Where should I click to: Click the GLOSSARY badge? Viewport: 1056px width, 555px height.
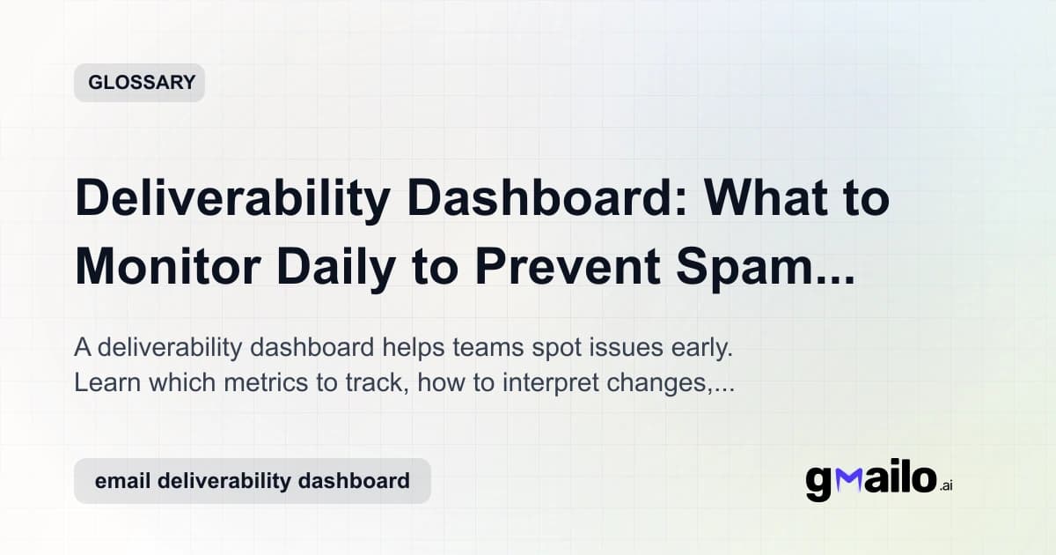point(139,83)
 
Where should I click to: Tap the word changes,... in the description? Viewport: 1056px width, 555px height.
point(659,384)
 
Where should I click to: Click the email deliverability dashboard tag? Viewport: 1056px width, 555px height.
point(252,481)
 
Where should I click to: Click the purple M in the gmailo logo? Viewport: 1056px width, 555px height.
point(850,479)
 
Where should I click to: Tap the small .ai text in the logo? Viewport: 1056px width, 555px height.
point(945,485)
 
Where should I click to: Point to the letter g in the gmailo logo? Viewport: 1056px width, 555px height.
point(819,483)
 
